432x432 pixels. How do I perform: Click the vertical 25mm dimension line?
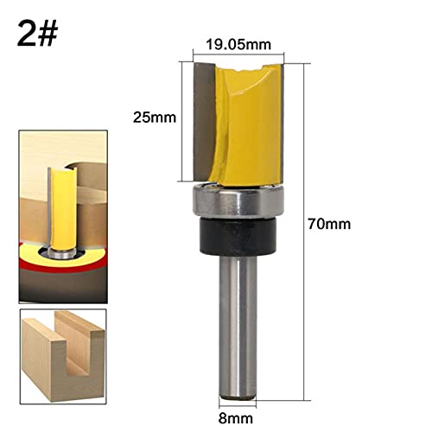181,117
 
